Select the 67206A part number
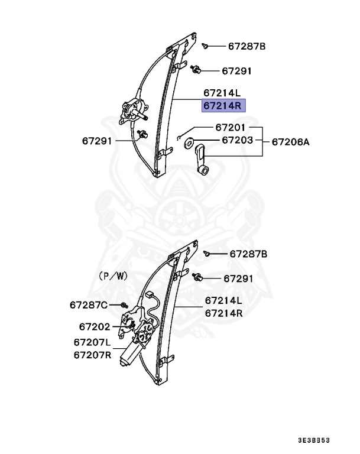(x=290, y=142)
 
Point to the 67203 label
(x=237, y=141)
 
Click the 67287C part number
(x=89, y=305)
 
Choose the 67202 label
(x=95, y=326)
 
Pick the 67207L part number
(x=92, y=342)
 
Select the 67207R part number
(x=92, y=355)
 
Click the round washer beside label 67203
(x=191, y=142)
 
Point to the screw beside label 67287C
(x=124, y=305)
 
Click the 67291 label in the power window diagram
(x=238, y=278)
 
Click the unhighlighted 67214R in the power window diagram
(x=224, y=313)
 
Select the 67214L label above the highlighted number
(x=222, y=93)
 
